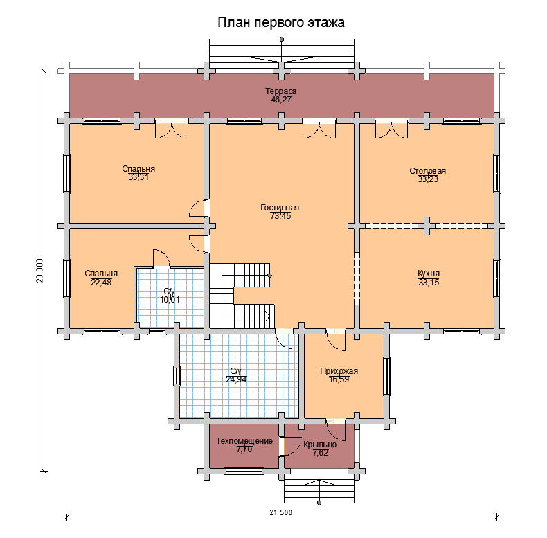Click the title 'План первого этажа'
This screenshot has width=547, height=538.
281,23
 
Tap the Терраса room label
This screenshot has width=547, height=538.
281,91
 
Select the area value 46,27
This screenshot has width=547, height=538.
281,100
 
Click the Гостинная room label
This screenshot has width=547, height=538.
280,208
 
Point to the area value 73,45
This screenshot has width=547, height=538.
280,216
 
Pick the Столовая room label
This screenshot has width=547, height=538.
428,170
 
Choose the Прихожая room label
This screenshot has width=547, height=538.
339,370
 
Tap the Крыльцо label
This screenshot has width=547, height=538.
320,445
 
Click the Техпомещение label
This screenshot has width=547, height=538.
244,441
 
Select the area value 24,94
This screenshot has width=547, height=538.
237,379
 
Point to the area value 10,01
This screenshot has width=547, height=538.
170,299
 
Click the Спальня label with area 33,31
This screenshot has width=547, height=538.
138,169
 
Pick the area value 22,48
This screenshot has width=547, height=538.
101,282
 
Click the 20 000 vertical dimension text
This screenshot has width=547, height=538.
39,271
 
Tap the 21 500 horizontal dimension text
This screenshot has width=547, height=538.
281,513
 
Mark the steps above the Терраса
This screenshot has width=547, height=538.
281,52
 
